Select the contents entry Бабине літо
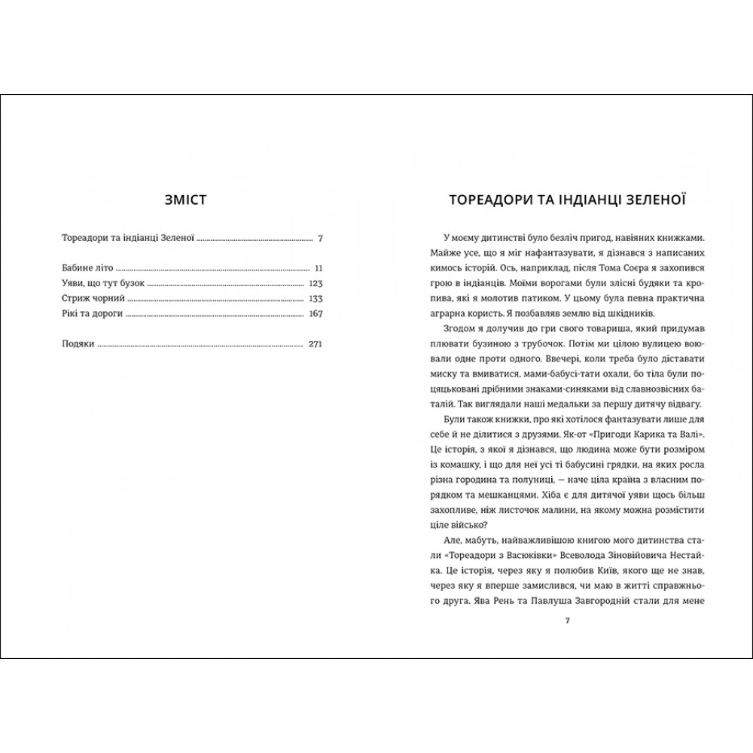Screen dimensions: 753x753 coord(87,267)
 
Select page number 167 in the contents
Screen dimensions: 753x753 coord(316,315)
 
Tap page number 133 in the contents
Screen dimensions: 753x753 coord(316,299)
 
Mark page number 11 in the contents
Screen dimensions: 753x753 coord(319,267)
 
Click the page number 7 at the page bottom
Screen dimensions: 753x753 coord(568,620)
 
